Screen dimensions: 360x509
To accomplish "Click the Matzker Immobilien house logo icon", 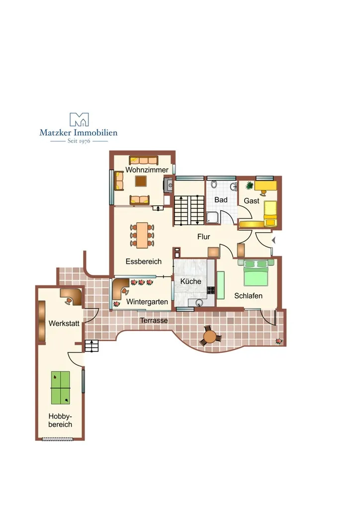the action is tap(79, 119).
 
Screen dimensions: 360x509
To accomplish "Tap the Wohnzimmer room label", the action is tap(147, 170).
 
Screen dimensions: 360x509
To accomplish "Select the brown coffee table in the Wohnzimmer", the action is tap(141, 181).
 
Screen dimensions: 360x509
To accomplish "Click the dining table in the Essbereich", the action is tap(142, 235).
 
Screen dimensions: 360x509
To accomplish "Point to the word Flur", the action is tap(203, 237).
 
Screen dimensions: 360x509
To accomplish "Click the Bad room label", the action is tap(221, 200).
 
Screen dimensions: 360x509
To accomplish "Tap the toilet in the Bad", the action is tap(214, 184).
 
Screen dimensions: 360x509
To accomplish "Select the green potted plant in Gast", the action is tap(249, 185).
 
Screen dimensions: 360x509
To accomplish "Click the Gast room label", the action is tap(251, 201).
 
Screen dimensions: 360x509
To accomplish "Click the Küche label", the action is tap(191, 281).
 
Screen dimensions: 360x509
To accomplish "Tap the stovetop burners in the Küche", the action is tap(211, 290).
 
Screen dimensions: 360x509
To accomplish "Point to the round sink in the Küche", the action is tap(199, 303).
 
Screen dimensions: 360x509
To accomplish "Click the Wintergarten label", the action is tap(147, 302).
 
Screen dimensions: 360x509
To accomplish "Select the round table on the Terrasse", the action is tap(211, 336).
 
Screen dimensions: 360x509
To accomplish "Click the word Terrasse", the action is tap(154, 321).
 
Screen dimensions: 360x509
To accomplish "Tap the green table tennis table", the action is tap(60, 388).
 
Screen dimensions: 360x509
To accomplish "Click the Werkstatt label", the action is tap(64, 323).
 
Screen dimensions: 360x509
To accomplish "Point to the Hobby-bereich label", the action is tap(60, 421).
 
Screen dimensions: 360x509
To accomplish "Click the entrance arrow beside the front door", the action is tap(273, 240).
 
